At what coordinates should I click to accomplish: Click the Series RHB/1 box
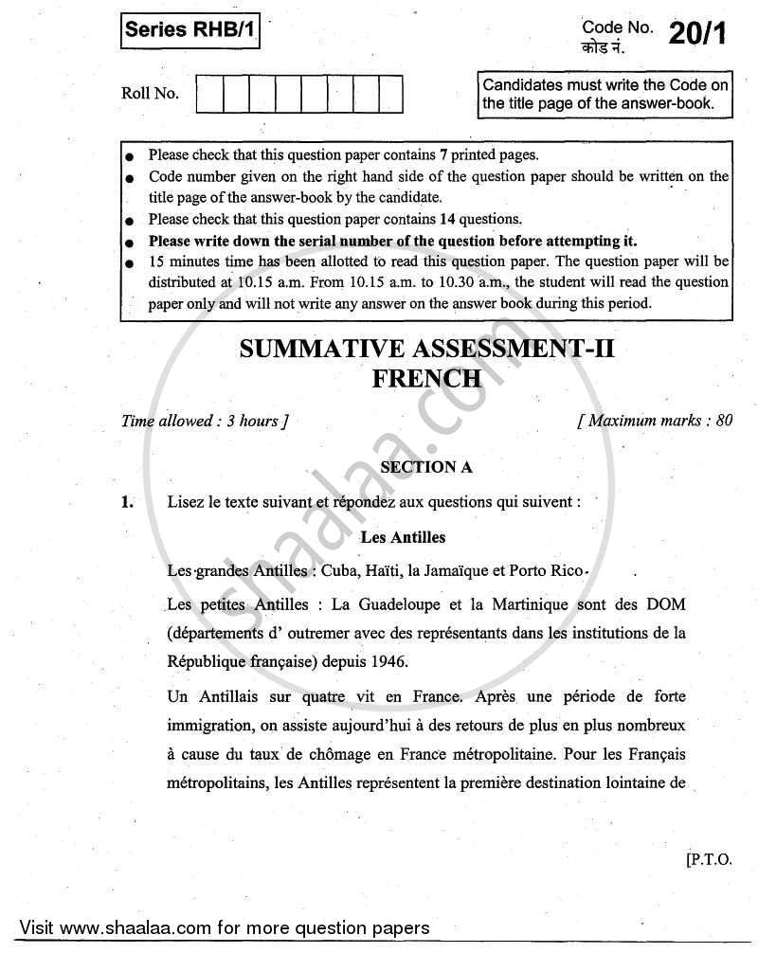(189, 34)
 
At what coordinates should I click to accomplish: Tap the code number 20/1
(699, 34)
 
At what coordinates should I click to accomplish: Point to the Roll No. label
(150, 94)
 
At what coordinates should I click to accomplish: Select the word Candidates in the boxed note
(525, 85)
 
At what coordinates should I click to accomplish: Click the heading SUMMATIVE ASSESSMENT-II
(427, 350)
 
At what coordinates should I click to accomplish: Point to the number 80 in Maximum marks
(724, 421)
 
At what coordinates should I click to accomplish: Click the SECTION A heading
(425, 467)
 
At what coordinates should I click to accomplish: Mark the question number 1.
(128, 503)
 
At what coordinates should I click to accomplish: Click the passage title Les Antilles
(403, 537)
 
